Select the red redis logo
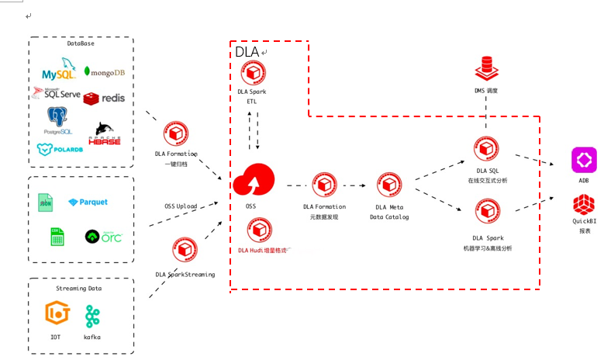click(x=104, y=99)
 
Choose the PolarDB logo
click(x=60, y=149)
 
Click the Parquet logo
click(x=88, y=202)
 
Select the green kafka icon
click(x=92, y=316)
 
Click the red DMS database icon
click(x=486, y=69)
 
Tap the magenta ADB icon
click(x=583, y=160)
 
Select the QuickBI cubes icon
click(x=583, y=205)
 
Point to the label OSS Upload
click(x=181, y=206)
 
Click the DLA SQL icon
click(x=487, y=147)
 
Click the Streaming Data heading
click(x=79, y=288)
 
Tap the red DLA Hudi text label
click(x=263, y=250)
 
